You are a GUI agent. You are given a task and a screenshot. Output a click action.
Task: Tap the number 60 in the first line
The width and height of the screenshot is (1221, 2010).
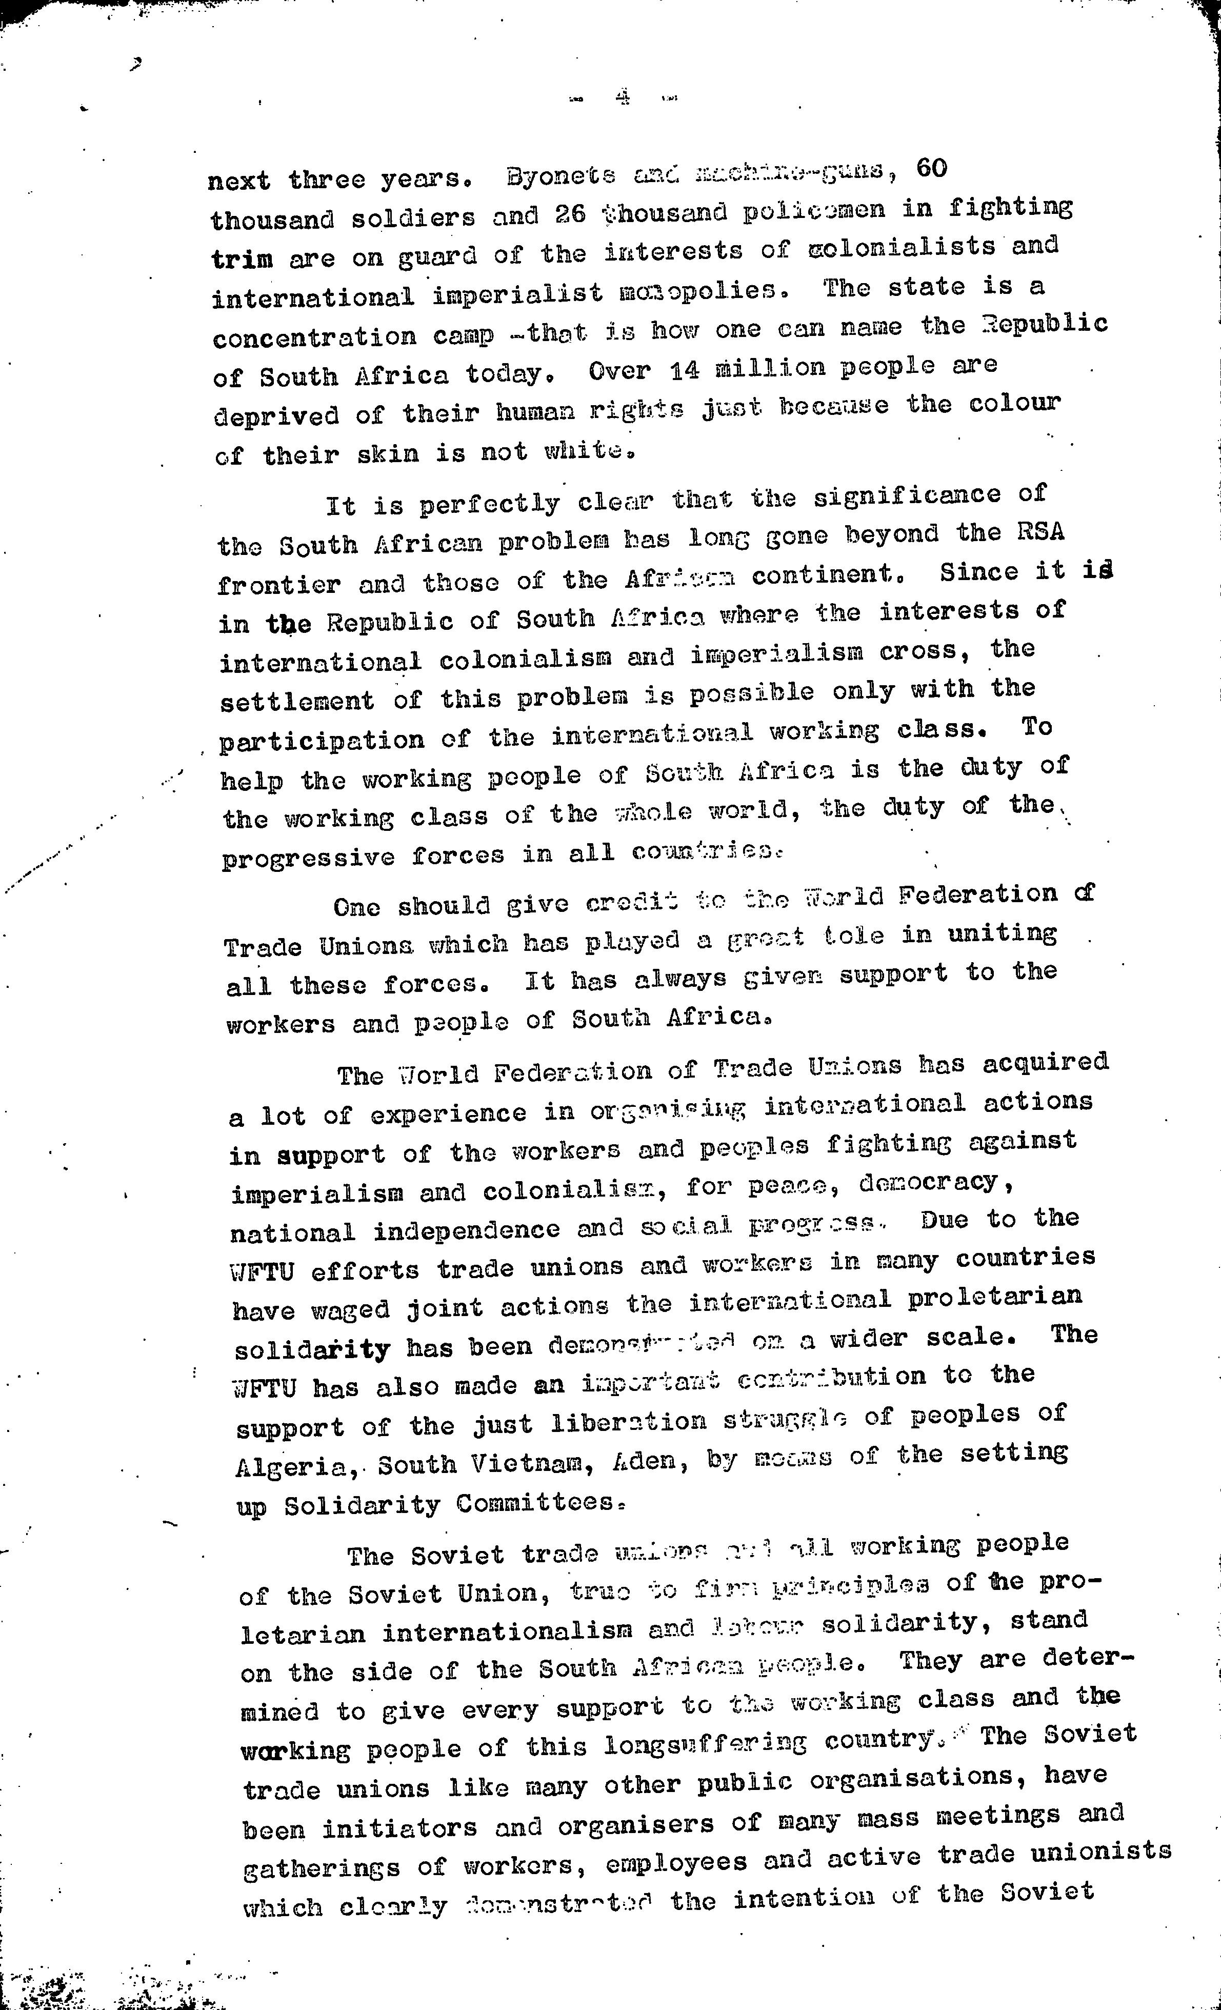931,168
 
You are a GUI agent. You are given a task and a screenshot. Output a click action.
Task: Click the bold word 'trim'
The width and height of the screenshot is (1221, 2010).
242,260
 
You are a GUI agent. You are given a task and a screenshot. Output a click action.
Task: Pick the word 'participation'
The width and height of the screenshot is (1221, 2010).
322,740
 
